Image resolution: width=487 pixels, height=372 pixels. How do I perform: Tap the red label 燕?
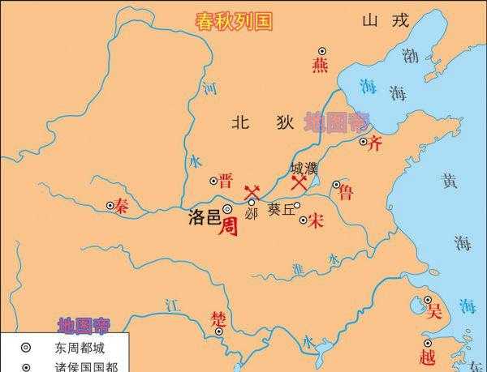pos(321,66)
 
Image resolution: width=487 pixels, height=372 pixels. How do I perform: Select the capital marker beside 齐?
pos(364,141)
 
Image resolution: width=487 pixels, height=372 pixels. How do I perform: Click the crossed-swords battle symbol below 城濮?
pos(300,183)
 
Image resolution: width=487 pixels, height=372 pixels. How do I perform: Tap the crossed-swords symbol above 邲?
pos(251,190)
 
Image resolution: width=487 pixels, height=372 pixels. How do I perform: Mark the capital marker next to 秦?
pos(111,206)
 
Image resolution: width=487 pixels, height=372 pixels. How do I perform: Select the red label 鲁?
pos(346,191)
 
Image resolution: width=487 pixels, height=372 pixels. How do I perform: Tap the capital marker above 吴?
pos(427,300)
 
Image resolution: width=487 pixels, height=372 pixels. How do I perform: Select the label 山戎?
pos(384,22)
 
